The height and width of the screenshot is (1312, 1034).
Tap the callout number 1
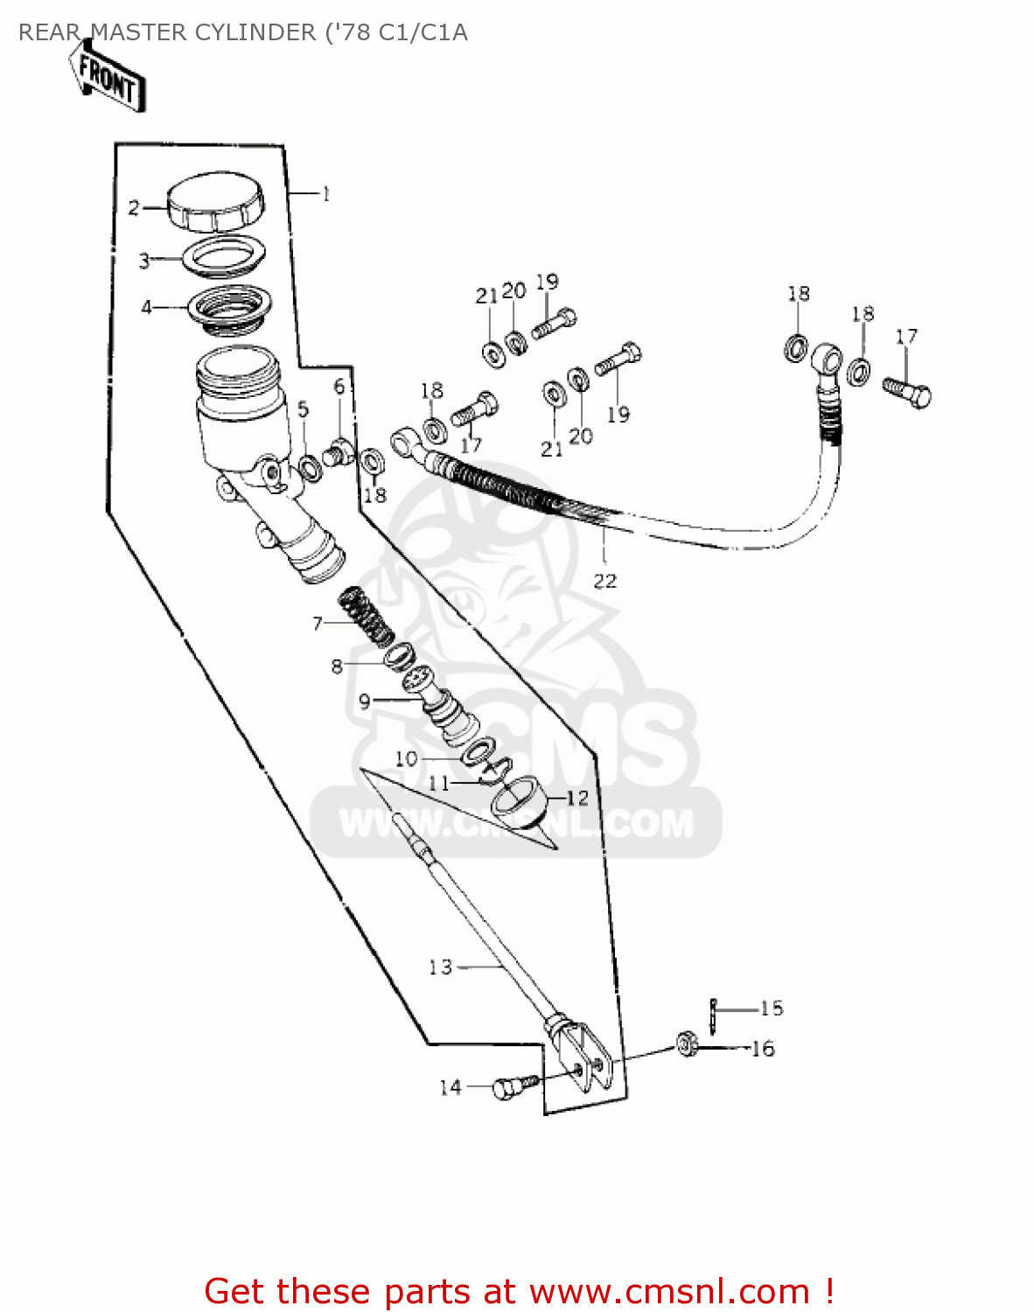click(326, 194)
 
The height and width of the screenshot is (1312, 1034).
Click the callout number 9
click(365, 701)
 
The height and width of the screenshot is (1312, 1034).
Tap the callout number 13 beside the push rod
click(440, 967)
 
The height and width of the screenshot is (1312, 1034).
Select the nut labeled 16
click(687, 1044)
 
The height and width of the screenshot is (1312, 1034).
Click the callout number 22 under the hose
click(604, 581)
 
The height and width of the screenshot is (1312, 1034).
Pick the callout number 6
click(339, 386)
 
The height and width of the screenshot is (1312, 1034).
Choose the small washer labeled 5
click(310, 468)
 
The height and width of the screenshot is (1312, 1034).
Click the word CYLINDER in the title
click(255, 32)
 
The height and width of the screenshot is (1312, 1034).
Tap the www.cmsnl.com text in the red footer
click(669, 1291)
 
